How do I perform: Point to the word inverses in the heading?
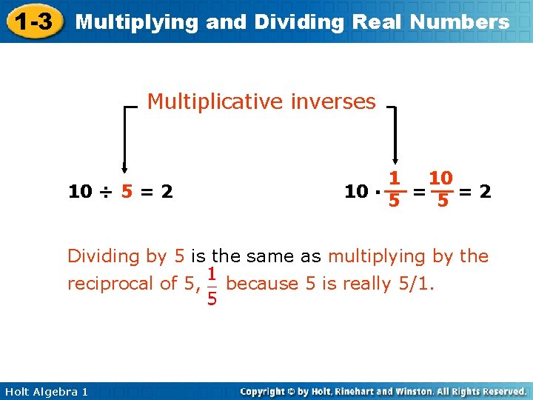332,101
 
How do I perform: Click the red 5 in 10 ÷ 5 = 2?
128,192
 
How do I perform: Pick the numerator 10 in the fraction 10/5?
441,179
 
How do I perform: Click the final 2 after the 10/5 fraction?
485,192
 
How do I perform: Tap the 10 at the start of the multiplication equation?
357,192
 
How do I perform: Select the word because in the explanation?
260,284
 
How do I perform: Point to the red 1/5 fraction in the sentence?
212,285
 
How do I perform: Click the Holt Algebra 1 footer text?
45,391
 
